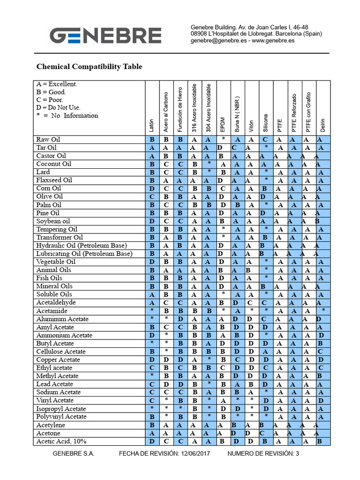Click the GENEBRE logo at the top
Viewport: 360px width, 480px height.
click(106, 36)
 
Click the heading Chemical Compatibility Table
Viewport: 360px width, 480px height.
click(89, 67)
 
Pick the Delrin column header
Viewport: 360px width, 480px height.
click(322, 124)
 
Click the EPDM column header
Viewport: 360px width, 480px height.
click(223, 124)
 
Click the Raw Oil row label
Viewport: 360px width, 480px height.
click(48, 140)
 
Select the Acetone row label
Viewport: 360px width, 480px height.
click(48, 433)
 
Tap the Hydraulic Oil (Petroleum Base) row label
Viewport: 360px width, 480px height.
click(82, 246)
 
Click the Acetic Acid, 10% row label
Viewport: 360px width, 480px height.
click(61, 442)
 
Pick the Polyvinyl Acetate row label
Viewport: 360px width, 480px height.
click(61, 417)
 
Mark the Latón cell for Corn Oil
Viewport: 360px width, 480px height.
click(152, 188)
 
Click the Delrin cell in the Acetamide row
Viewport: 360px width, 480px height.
click(322, 311)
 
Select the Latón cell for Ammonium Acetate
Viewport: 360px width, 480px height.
click(152, 335)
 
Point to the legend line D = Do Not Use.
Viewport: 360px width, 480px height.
click(59, 107)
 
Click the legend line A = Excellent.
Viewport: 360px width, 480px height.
click(57, 84)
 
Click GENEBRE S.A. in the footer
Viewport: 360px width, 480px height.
click(74, 453)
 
